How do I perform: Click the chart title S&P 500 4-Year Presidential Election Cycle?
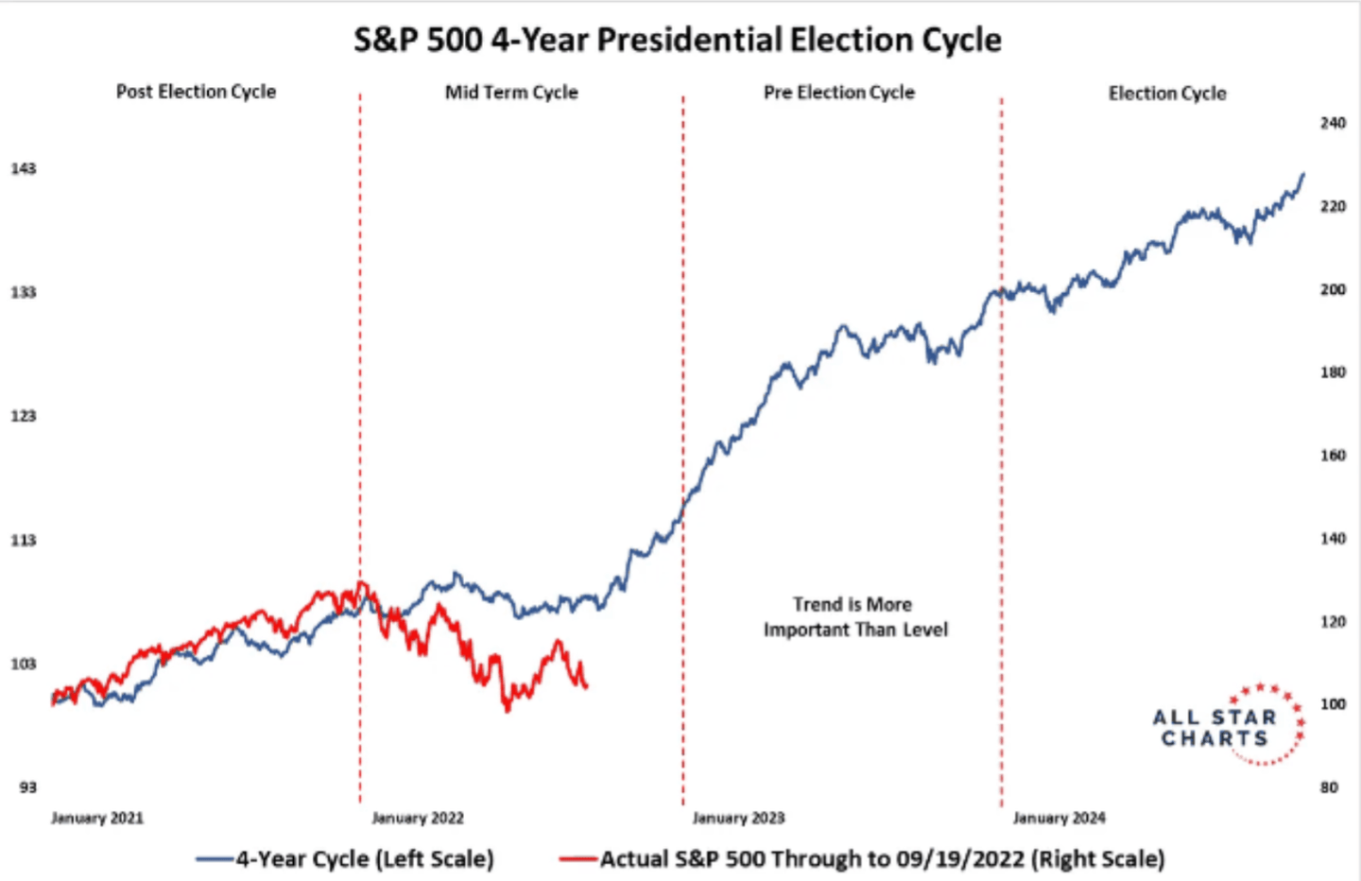[x=678, y=41]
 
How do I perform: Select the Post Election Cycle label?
[x=196, y=92]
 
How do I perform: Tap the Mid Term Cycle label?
[x=511, y=93]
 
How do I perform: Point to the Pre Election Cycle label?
[x=839, y=93]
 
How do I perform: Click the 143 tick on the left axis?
[x=24, y=168]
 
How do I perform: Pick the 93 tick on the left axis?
[x=27, y=787]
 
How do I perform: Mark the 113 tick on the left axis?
[x=24, y=540]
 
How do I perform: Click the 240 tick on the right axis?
[x=1333, y=123]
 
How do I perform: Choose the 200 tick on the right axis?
[x=1333, y=289]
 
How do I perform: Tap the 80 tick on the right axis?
[x=1329, y=787]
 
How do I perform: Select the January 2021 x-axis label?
[x=97, y=818]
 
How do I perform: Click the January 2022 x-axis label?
[x=418, y=818]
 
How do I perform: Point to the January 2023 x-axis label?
[x=738, y=818]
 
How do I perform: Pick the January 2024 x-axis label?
[x=1059, y=818]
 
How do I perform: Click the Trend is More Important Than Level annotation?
[x=855, y=617]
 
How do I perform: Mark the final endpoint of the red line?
[x=587, y=686]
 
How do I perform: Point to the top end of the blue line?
[x=1303, y=174]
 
